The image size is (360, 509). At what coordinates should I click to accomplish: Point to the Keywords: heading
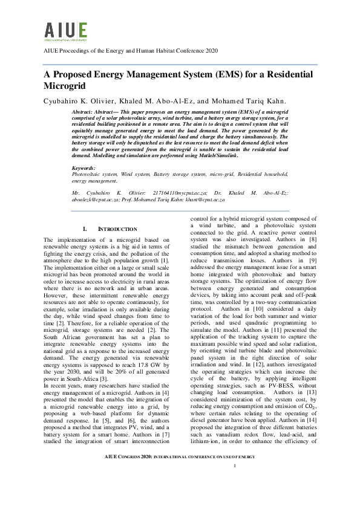[83, 167]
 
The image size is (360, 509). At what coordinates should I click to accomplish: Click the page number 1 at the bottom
[234, 482]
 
